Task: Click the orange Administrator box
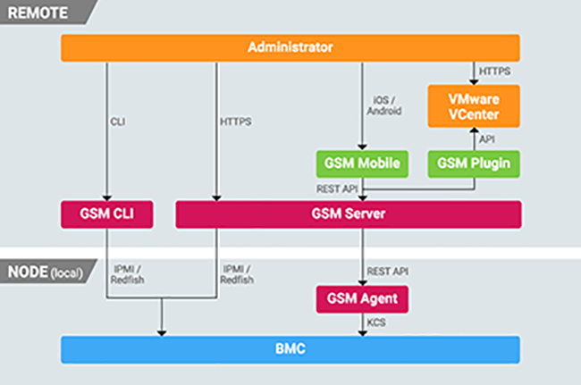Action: (290, 47)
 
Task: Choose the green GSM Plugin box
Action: (474, 163)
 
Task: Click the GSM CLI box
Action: (105, 214)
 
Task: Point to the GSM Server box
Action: (348, 214)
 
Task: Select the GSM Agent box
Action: (362, 298)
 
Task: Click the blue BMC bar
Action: (290, 349)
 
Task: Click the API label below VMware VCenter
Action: (487, 138)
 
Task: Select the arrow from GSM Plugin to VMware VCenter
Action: (474, 138)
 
